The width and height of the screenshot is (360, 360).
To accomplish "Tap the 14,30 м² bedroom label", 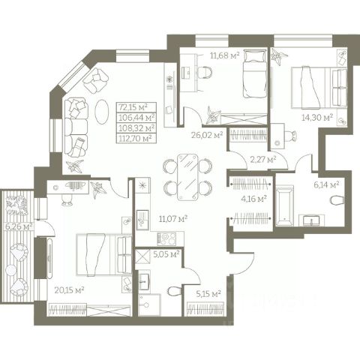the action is click(x=317, y=117).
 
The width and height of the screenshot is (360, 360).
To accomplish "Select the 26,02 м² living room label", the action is click(x=207, y=135).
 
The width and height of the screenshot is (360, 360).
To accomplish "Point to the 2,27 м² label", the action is click(x=263, y=159).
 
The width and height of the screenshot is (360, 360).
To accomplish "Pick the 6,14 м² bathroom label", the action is click(x=326, y=185).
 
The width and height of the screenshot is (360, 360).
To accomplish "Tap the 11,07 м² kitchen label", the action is click(x=173, y=219).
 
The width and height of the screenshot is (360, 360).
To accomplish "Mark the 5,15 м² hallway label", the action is click(x=208, y=294).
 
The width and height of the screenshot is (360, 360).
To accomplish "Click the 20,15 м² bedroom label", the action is click(x=69, y=290).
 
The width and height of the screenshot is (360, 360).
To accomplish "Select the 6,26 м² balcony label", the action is click(x=19, y=226).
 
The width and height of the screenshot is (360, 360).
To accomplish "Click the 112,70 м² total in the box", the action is click(x=136, y=138).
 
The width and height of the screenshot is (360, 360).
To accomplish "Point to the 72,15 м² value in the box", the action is click(x=133, y=107).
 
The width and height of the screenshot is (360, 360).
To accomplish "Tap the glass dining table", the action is click(x=187, y=177).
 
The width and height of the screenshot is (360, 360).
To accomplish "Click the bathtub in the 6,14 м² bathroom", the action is click(x=284, y=205).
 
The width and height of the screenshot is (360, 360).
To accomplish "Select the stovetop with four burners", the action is click(x=166, y=238).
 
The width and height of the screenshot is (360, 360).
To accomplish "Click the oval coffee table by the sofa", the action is click(x=102, y=112).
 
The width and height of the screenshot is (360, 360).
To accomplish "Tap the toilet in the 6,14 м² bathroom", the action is click(x=337, y=200).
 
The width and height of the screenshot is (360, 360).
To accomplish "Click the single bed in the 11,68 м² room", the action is click(x=254, y=73).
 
